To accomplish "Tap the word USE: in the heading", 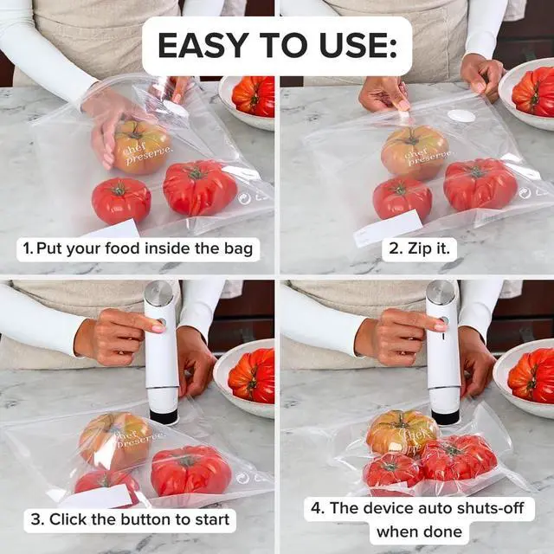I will (x=350, y=46).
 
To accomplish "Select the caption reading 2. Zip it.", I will (x=420, y=249).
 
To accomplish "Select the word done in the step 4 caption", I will (x=441, y=531).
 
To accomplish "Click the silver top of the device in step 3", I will (x=158, y=293).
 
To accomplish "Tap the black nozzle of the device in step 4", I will (x=446, y=416).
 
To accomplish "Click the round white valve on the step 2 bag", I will (x=461, y=115).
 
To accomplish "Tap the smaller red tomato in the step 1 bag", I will (x=120, y=200).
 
